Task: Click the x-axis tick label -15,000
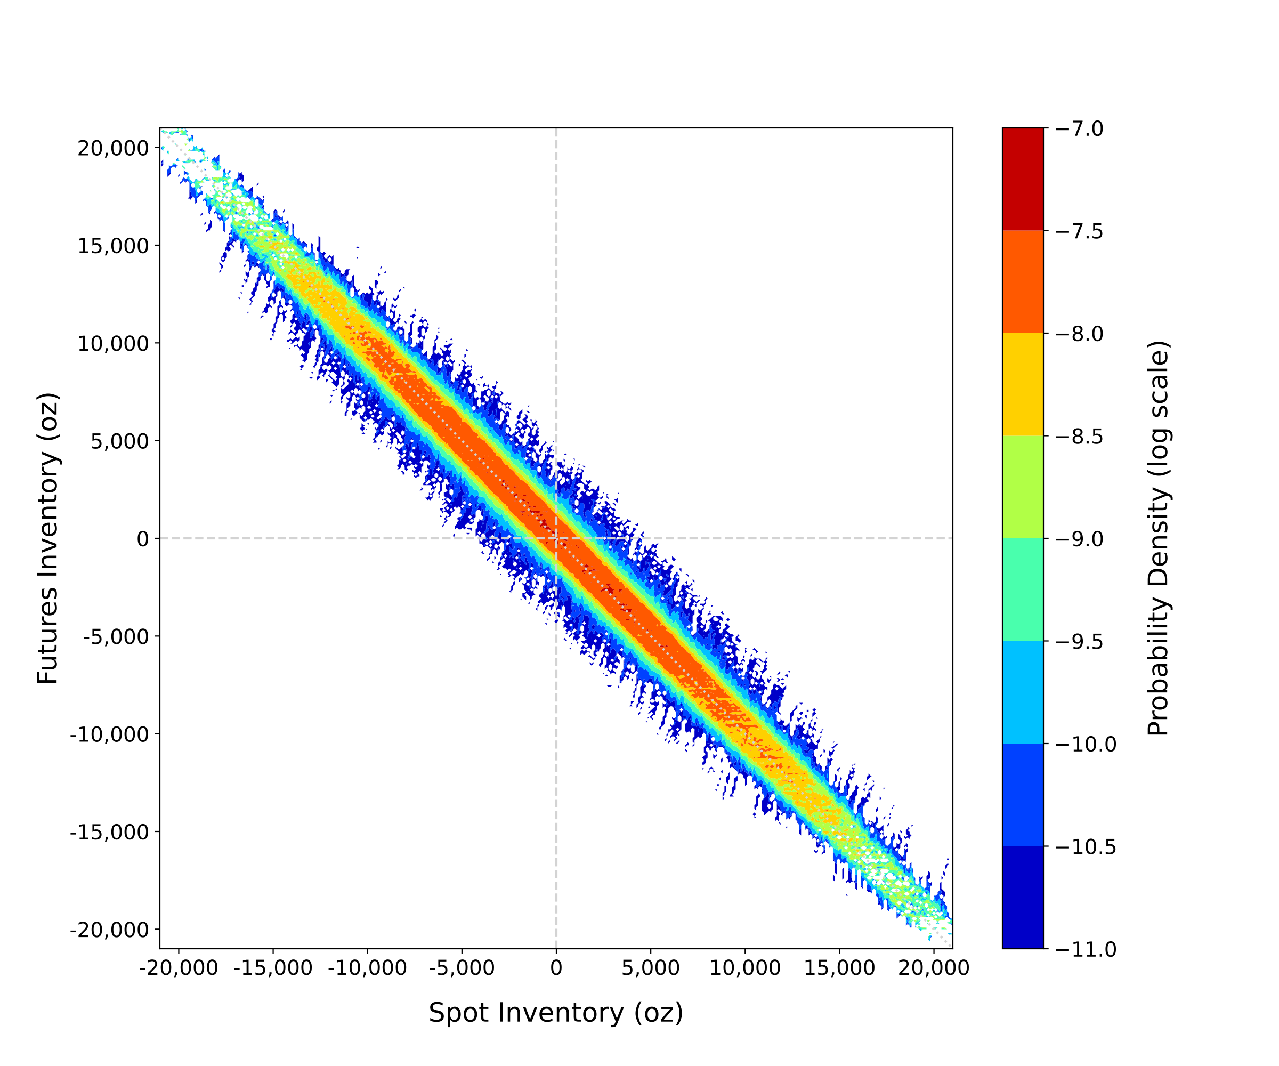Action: pos(273,968)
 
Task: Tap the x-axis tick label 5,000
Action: pos(651,968)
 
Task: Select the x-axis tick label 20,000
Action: pos(934,968)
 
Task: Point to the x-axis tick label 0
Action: pos(556,968)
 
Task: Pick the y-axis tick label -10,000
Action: pos(109,734)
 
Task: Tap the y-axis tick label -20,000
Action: pos(109,930)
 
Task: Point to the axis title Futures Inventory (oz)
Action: pos(47,538)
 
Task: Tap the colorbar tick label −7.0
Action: pos(1079,129)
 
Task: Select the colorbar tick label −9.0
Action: pos(1079,539)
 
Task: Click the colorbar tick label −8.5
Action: pos(1079,437)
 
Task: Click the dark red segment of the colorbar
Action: pos(1023,179)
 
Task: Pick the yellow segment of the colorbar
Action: pos(1023,384)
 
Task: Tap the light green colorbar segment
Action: pos(1023,487)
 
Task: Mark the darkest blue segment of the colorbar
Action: pos(1023,897)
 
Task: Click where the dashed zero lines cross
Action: pos(556,538)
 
